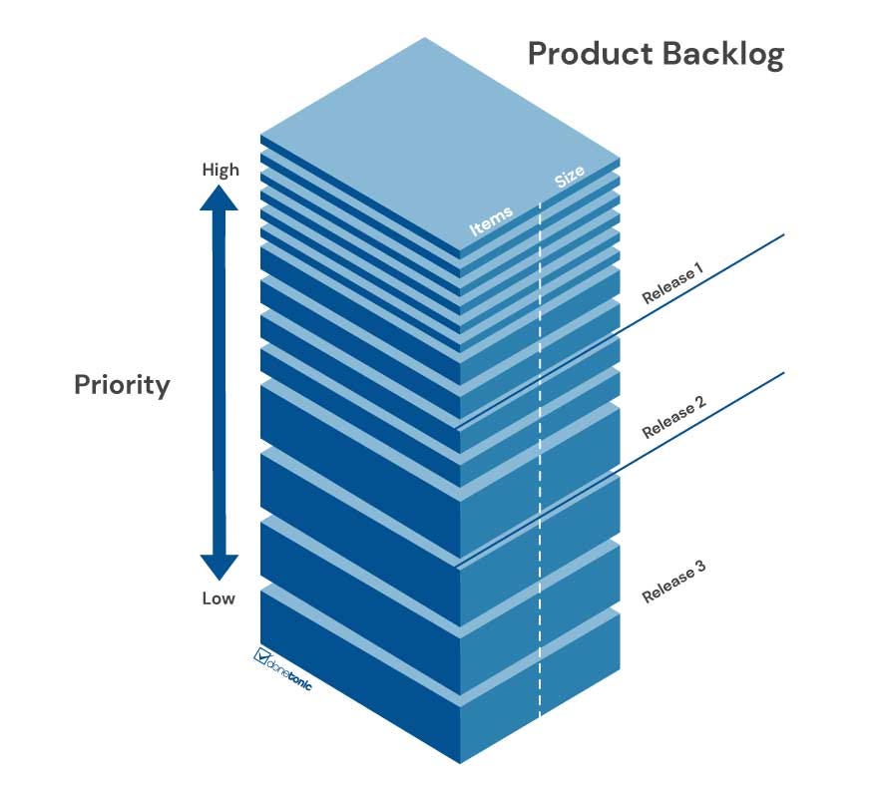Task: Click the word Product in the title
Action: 588,54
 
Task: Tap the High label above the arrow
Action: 221,170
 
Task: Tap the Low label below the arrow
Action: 219,598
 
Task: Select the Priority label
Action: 122,385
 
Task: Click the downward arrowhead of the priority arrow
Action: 219,567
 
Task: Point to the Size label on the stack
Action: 570,178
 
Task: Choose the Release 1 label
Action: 672,282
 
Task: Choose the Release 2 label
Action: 673,417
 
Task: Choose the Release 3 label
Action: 673,582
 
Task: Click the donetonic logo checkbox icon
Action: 263,656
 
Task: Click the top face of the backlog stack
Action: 439,140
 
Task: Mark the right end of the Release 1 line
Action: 784,235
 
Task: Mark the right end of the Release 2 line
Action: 784,373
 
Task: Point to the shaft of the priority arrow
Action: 219,384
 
